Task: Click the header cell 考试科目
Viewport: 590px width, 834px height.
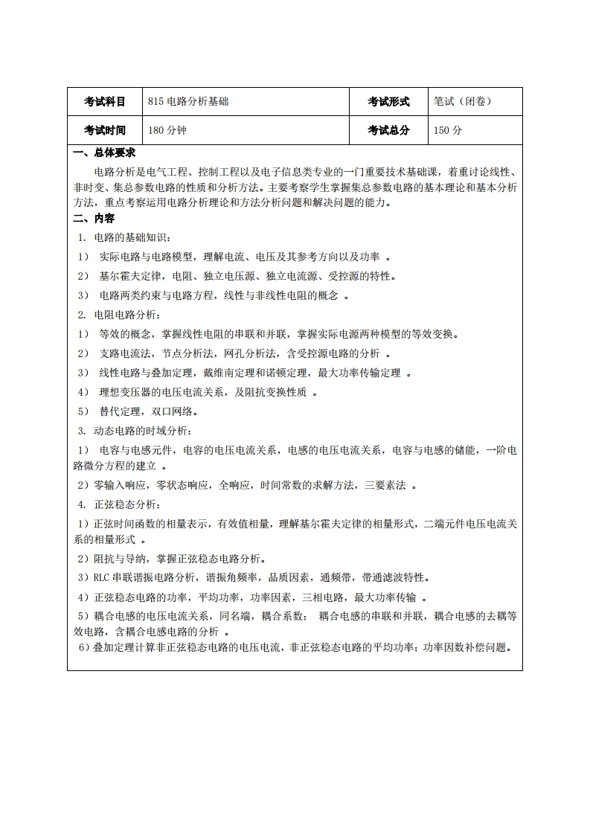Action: (104, 102)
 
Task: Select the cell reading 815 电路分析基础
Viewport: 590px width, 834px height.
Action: (188, 102)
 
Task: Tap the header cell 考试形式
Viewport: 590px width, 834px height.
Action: (388, 102)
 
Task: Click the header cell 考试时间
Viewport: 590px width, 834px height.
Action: (104, 130)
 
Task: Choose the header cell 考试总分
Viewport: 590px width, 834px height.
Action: (388, 130)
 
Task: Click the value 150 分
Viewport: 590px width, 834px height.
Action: (448, 130)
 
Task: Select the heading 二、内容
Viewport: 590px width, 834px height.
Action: (94, 219)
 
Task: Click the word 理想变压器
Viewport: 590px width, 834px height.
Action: (122, 392)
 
